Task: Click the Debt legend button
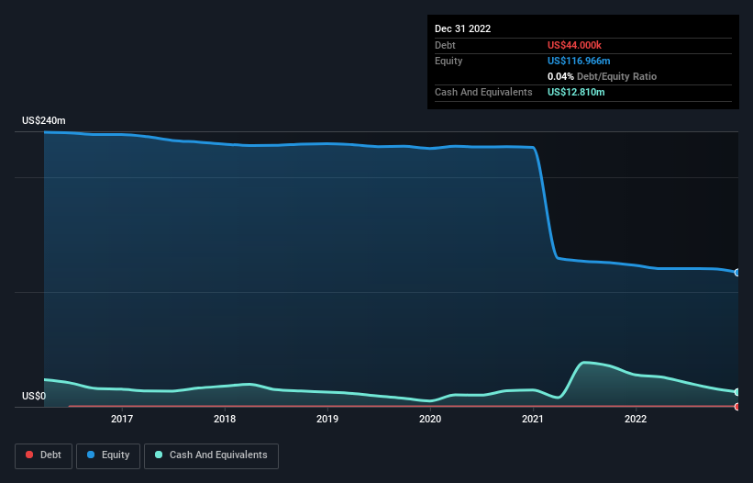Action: [42, 455]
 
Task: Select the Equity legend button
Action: [108, 455]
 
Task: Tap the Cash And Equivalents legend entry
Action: [211, 455]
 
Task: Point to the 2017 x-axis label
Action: [122, 420]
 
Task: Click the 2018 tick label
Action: [225, 420]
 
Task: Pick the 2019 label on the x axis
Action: [327, 420]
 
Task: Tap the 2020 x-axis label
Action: [430, 420]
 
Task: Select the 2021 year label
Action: [533, 420]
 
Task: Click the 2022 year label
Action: [636, 420]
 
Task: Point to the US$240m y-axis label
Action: [44, 121]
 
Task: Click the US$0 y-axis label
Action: [33, 397]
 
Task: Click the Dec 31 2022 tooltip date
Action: [462, 28]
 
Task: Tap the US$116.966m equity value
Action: [579, 61]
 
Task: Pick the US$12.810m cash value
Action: [576, 92]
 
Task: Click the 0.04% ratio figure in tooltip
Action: [560, 76]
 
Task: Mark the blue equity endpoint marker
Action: [737, 273]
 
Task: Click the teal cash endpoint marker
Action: [737, 392]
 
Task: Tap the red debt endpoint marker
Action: [737, 406]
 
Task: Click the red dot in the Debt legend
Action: [29, 455]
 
